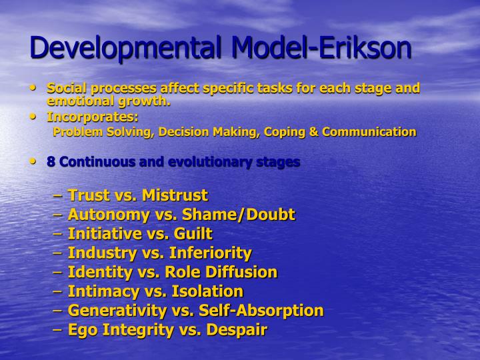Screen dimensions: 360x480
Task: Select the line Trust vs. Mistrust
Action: pos(137,195)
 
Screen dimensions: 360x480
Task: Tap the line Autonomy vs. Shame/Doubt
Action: pos(181,215)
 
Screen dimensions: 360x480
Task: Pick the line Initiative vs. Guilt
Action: pos(140,234)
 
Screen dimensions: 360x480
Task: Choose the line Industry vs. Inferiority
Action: pos(159,253)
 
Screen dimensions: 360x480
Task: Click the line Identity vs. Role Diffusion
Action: pos(172,272)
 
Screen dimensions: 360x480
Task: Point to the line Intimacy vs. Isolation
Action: pos(155,291)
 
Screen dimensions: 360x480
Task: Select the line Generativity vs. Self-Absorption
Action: pos(195,311)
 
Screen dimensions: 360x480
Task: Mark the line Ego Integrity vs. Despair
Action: pos(167,330)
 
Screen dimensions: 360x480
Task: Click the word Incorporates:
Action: pos(93,117)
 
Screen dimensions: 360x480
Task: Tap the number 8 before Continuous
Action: pos(51,162)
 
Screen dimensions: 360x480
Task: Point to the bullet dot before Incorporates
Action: pos(34,116)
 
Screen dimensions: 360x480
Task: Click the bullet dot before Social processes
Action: pos(34,87)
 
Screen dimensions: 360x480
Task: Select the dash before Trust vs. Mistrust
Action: pos(58,196)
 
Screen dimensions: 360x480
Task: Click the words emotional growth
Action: pos(109,101)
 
